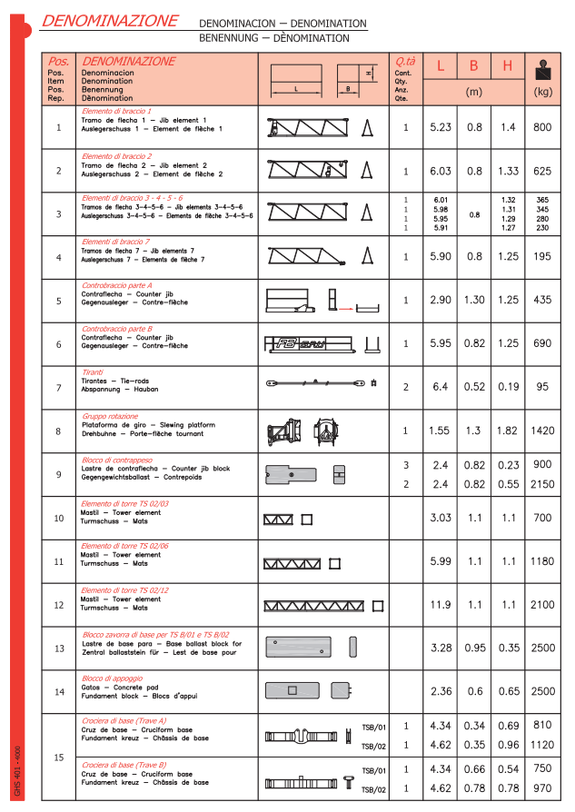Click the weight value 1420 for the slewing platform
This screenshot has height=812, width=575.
[542, 431]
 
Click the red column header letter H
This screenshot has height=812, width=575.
[508, 65]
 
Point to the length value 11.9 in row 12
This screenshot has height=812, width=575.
[441, 605]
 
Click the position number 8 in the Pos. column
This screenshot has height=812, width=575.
[59, 431]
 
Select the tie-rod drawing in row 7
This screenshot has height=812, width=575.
[322, 383]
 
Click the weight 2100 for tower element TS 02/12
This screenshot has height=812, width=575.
[542, 605]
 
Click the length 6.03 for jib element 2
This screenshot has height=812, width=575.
[441, 171]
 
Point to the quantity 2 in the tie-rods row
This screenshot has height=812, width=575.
[405, 388]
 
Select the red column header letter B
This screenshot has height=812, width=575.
[473, 65]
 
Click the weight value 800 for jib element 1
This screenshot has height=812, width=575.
[542, 127]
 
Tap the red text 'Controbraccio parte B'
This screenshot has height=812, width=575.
[117, 329]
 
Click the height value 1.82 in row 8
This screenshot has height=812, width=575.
[508, 431]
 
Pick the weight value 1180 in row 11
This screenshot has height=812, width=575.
[542, 561]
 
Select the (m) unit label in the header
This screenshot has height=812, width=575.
[473, 92]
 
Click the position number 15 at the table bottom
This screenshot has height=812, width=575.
[59, 758]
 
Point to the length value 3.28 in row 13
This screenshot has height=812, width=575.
[441, 649]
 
